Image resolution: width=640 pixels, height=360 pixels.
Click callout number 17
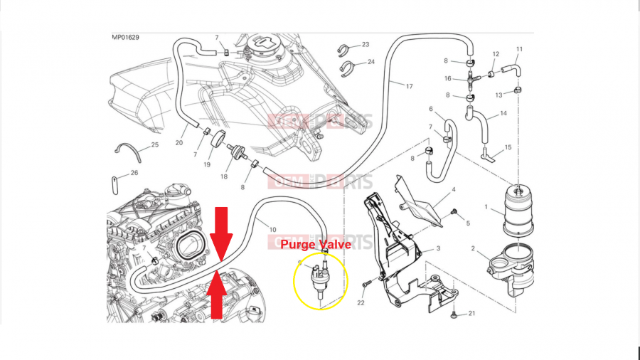point(409,86)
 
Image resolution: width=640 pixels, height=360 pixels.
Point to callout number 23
point(365,45)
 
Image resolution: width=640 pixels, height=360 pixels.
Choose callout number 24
point(370,62)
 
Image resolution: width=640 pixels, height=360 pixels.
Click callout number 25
point(154,147)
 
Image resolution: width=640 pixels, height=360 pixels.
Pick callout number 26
point(135,173)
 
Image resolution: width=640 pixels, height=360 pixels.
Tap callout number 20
point(179,122)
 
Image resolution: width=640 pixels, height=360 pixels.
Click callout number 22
point(361,304)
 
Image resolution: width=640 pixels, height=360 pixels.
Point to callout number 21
point(471,314)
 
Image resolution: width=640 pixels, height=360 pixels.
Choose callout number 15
point(508,147)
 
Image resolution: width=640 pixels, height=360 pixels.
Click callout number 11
point(519,49)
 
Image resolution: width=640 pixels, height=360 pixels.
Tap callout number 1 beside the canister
point(486,208)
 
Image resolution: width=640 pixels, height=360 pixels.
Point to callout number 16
point(448,78)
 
